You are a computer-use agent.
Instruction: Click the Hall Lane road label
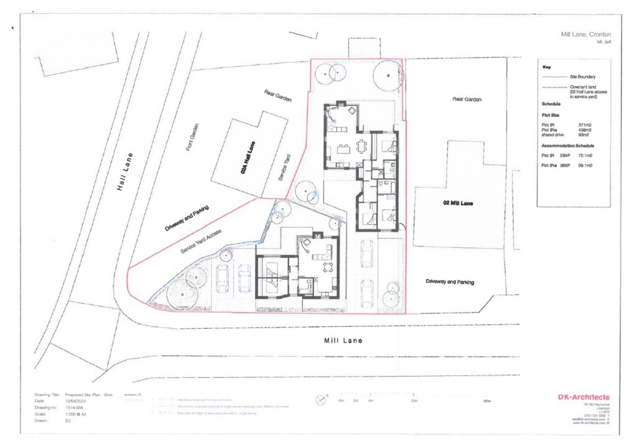pos(125,171)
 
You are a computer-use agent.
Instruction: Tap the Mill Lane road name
pos(343,341)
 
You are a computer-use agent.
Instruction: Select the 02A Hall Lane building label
pos(248,158)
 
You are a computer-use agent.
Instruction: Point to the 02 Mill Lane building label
pos(458,203)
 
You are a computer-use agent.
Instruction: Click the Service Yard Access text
pos(201,242)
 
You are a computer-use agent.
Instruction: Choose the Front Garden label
pos(192,137)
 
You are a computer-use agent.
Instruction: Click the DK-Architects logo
pos(583,397)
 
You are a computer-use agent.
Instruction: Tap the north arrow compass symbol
pos(321,400)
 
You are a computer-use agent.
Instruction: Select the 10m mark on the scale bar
pos(414,400)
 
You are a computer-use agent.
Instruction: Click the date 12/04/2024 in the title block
pos(76,401)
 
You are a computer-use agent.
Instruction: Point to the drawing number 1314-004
pos(74,408)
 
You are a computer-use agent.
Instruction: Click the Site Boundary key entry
pos(582,77)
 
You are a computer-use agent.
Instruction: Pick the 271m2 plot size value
pos(585,125)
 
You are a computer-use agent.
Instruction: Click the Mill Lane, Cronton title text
pos(586,34)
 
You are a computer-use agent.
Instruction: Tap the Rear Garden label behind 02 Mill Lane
pos(467,99)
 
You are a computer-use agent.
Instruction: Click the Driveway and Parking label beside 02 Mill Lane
pos(450,282)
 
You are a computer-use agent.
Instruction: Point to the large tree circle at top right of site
pos(388,76)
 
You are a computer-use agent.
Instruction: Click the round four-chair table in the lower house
pos(328,267)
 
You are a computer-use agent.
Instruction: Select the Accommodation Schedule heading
pos(567,146)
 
